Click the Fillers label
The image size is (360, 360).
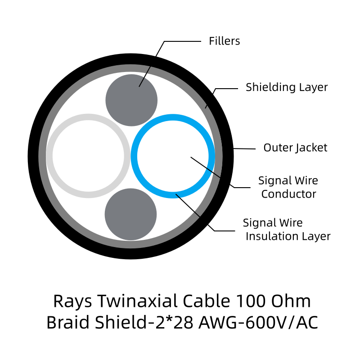coord(224,41)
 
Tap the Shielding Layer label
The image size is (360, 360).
coord(287,87)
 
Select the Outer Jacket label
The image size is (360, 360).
coord(295,147)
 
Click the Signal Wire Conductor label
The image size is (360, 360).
coord(288,187)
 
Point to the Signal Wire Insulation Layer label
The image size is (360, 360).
coord(287,229)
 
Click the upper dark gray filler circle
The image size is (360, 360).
coord(131,100)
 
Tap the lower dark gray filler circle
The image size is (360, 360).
coord(130,214)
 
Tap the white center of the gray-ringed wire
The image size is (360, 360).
coord(88,156)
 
